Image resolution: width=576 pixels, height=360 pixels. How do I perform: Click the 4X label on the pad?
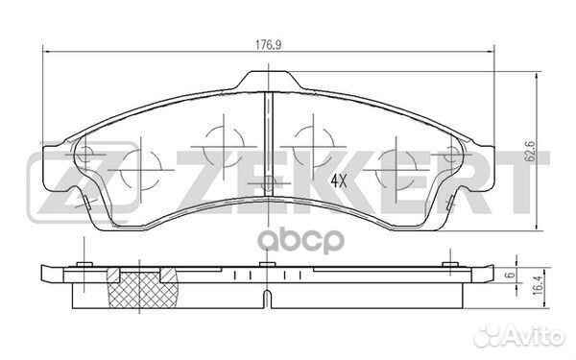(x=339, y=180)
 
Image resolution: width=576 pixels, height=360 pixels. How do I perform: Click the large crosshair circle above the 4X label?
(x=394, y=159)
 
